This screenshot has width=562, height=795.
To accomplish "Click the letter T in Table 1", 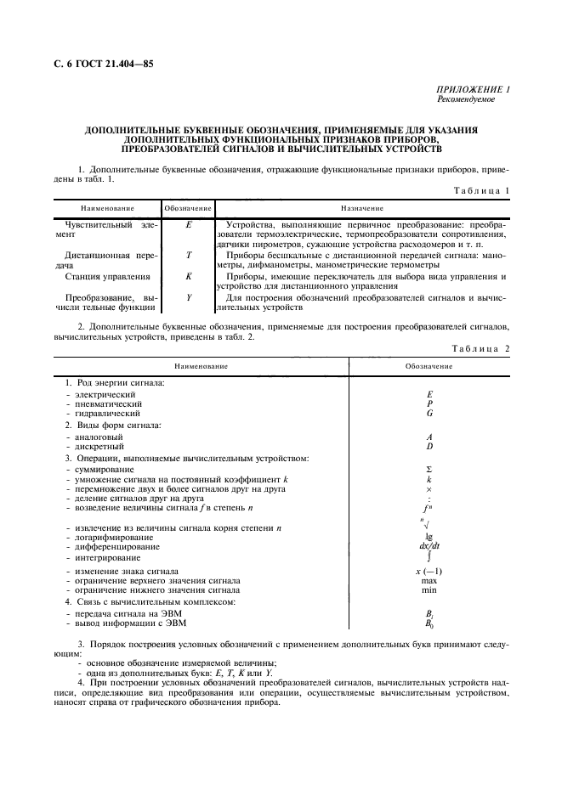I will point(188,254).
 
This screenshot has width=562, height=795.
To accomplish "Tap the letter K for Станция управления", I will point(188,276).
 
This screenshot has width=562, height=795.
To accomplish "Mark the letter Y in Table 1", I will point(188,298).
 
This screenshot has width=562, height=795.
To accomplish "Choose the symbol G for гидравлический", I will point(429,414).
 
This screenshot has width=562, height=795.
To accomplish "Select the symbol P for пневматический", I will point(429,404).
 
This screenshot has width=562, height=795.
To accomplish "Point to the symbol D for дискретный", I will point(429,446).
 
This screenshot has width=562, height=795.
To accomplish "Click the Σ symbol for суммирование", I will point(429,470).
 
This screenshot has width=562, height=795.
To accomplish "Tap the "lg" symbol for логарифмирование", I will point(429,538).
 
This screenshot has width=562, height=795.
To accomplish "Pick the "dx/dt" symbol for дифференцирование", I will point(429,547).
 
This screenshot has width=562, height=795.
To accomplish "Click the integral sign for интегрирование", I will point(429,557).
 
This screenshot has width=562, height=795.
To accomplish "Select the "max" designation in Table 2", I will point(429,581).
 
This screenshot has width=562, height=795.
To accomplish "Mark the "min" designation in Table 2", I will point(429,589).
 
